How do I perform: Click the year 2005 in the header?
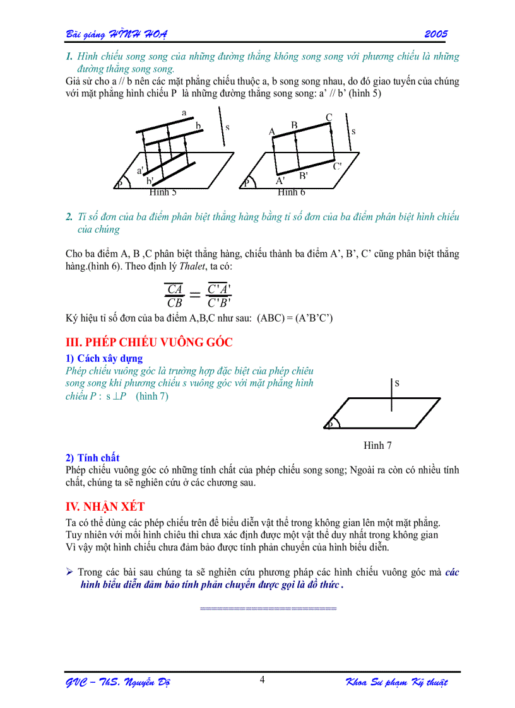coord(436,33)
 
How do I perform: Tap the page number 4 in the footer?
coord(262,679)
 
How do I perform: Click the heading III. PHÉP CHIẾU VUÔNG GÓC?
coord(149,342)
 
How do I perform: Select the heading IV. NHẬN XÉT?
coord(105,506)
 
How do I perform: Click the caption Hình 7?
coord(377,445)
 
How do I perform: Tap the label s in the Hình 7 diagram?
coord(397,383)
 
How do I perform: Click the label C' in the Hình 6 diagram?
coord(338,166)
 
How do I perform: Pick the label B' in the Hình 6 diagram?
coord(304,175)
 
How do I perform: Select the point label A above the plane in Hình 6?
coord(272,132)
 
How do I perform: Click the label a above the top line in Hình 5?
coord(184,112)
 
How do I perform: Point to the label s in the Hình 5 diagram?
coord(227,127)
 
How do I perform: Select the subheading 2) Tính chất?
coord(92,458)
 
